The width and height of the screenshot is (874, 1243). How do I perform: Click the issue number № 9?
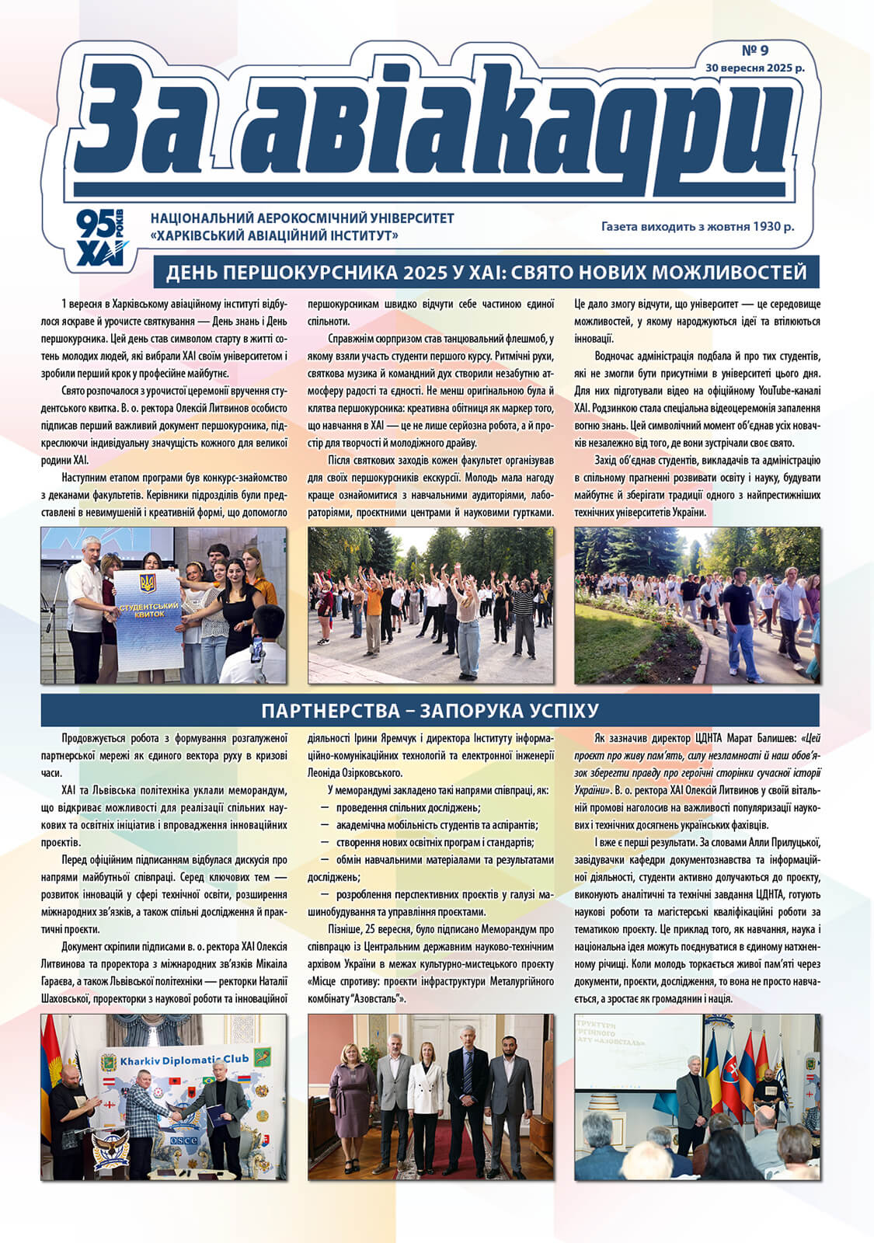(x=754, y=50)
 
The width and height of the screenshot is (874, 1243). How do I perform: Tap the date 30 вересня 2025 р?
(x=754, y=68)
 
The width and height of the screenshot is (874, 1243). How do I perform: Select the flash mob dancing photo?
(x=430, y=605)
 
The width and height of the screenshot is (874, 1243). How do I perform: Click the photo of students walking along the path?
(x=697, y=605)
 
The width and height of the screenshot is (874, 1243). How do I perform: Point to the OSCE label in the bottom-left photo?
(x=184, y=1140)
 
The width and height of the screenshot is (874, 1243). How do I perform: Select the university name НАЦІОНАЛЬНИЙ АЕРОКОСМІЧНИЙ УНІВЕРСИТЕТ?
(x=301, y=219)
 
